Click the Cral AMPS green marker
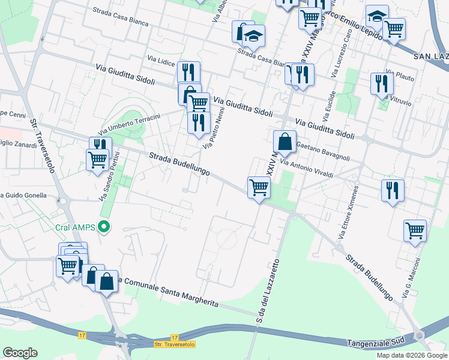(104, 227)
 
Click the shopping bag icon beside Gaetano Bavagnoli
(285, 142)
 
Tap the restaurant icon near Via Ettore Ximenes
(393, 190)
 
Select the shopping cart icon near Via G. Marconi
(415, 229)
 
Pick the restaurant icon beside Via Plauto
(381, 83)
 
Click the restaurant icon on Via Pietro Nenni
(198, 122)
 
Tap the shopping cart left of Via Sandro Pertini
(97, 160)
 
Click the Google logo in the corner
(20, 353)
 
